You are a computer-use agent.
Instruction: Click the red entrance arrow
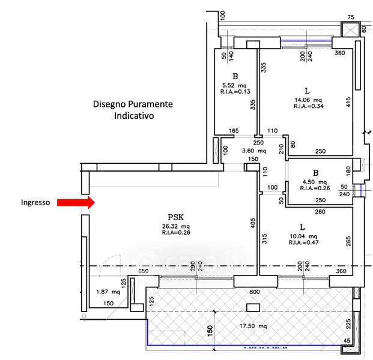click(x=76, y=202)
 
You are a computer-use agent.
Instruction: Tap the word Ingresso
click(x=35, y=202)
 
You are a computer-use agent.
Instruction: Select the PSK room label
click(x=176, y=217)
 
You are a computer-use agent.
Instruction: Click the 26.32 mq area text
click(x=176, y=226)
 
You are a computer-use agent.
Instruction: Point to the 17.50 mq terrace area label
click(x=253, y=326)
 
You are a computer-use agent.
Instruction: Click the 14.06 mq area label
click(x=308, y=100)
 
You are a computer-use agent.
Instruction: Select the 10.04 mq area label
click(x=303, y=236)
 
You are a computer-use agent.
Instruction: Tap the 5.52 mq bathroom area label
click(x=234, y=85)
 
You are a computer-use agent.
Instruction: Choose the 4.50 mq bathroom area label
click(x=315, y=182)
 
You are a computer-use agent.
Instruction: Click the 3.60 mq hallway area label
click(x=254, y=151)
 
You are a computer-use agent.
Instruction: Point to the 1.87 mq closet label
click(x=108, y=292)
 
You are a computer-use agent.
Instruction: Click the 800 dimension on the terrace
click(x=255, y=292)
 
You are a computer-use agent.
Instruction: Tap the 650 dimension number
click(x=143, y=271)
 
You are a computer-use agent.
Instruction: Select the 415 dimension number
click(x=348, y=102)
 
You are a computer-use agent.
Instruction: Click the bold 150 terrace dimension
click(x=210, y=331)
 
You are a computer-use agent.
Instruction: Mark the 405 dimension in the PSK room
click(x=253, y=223)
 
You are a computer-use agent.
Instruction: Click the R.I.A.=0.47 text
click(x=303, y=242)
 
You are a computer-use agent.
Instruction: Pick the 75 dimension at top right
click(x=351, y=17)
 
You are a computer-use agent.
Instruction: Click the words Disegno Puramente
click(x=133, y=104)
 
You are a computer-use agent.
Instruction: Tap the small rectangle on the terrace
click(x=253, y=307)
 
